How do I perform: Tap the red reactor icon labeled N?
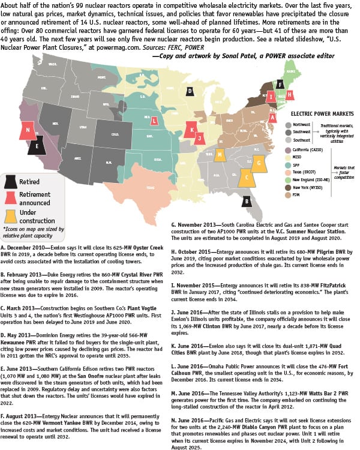pos(27,129)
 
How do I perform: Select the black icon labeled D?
pos(190,91)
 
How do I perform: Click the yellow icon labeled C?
pos(245,177)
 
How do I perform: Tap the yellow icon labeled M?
pos(221,155)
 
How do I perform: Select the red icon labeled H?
pos(290,94)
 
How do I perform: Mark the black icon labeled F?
pos(280,84)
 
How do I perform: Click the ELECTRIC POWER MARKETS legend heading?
pos(320,112)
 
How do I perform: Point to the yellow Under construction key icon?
pos(10,212)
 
